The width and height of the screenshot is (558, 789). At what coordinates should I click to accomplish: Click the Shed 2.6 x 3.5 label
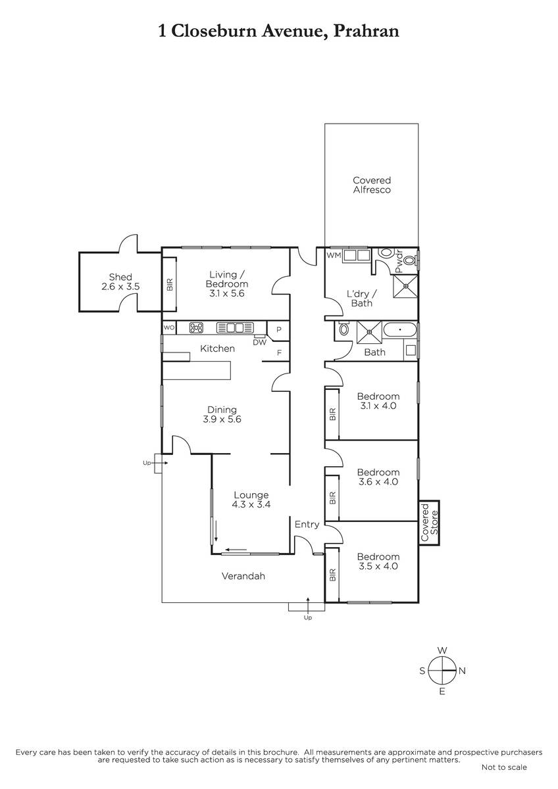(x=120, y=282)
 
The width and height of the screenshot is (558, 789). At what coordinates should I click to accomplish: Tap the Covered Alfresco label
(x=372, y=185)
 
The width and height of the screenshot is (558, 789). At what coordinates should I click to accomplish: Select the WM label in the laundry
(x=334, y=255)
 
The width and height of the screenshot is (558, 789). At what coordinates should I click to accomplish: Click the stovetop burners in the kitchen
(x=196, y=328)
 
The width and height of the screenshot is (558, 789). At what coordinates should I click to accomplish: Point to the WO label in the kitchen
(x=169, y=327)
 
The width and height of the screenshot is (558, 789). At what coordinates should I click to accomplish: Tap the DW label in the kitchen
(x=260, y=342)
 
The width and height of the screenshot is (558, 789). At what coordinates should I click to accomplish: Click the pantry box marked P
(x=278, y=330)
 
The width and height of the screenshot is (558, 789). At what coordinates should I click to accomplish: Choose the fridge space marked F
(x=279, y=352)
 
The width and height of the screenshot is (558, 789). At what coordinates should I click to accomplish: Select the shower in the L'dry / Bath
(x=405, y=286)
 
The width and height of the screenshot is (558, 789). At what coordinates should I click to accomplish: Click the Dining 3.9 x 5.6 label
(x=222, y=414)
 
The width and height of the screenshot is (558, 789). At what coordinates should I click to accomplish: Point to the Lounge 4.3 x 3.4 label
(x=251, y=500)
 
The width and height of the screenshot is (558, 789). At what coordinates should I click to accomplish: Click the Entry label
(x=307, y=525)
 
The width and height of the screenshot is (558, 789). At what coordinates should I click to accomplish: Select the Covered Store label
(x=429, y=523)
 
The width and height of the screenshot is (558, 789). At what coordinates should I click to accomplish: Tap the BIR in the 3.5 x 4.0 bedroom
(x=332, y=575)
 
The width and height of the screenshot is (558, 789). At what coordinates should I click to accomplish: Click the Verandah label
(x=243, y=576)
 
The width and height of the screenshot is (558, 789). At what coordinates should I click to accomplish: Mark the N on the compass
(x=462, y=671)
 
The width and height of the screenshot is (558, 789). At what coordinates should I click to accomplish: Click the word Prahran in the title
(x=367, y=32)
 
